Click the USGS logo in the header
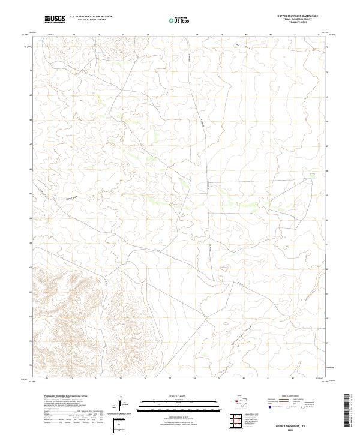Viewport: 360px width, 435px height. (55, 19)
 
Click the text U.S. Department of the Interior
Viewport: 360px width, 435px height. (91, 17)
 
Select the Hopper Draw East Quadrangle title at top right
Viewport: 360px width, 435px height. (304, 16)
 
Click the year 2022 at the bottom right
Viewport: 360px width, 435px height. (307, 430)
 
